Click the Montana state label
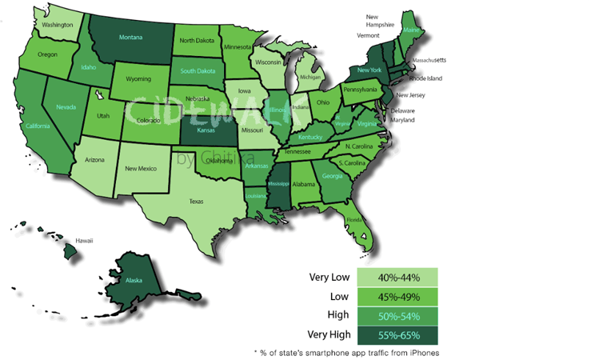[130, 37]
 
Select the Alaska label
[133, 282]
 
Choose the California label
[37, 126]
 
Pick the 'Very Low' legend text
[329, 278]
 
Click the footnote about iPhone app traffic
[345, 352]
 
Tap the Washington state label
[58, 25]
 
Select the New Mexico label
[142, 169]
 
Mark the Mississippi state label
[278, 183]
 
